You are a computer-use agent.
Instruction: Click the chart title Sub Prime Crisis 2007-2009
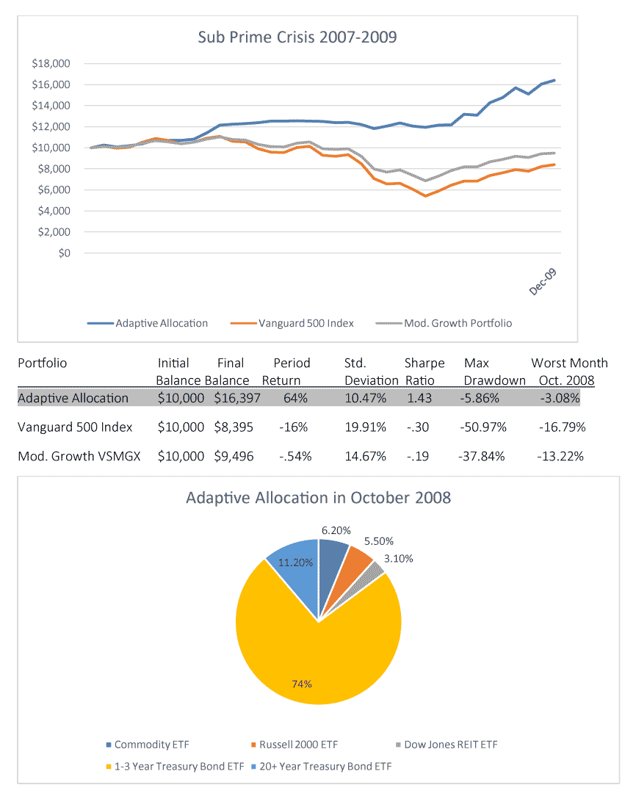pyautogui.click(x=297, y=37)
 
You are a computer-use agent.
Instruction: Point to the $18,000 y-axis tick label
pyautogui.click(x=51, y=63)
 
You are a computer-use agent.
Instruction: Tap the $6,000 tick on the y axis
pyautogui.click(x=54, y=190)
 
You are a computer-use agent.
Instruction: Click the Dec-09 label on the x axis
pyautogui.click(x=543, y=282)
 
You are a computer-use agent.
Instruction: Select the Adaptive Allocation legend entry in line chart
pyautogui.click(x=147, y=323)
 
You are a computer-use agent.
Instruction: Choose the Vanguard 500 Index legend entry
pyautogui.click(x=292, y=323)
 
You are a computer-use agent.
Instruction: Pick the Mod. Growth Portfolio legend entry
pyautogui.click(x=444, y=323)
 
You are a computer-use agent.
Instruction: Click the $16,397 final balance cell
pyautogui.click(x=237, y=398)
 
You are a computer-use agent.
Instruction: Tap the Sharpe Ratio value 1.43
pyautogui.click(x=419, y=398)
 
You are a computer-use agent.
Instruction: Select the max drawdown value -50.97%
pyautogui.click(x=483, y=427)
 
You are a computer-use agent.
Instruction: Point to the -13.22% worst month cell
pyautogui.click(x=560, y=457)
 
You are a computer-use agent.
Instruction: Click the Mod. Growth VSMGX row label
pyautogui.click(x=79, y=457)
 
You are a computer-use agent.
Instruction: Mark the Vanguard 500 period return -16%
pyautogui.click(x=293, y=427)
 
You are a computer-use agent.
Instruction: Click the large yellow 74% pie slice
pyautogui.click(x=315, y=655)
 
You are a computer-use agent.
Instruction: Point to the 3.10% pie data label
pyautogui.click(x=399, y=559)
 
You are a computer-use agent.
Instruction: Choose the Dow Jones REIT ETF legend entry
pyautogui.click(x=447, y=745)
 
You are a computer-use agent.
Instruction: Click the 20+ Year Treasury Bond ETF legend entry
pyautogui.click(x=322, y=767)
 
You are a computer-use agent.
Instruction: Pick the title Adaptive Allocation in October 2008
pyautogui.click(x=318, y=498)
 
